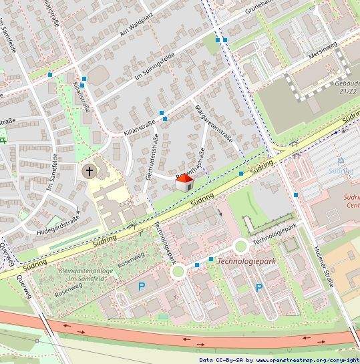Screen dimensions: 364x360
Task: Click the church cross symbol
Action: [87, 172]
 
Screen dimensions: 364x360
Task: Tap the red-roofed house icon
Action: [184, 183]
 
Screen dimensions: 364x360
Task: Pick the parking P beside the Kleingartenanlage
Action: [141, 287]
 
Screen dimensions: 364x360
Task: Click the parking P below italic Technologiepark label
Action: [258, 288]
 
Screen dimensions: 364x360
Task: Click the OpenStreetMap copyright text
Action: [279, 359]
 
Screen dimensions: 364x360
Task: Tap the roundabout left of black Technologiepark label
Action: [241, 246]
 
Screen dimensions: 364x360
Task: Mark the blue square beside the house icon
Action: [240, 174]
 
